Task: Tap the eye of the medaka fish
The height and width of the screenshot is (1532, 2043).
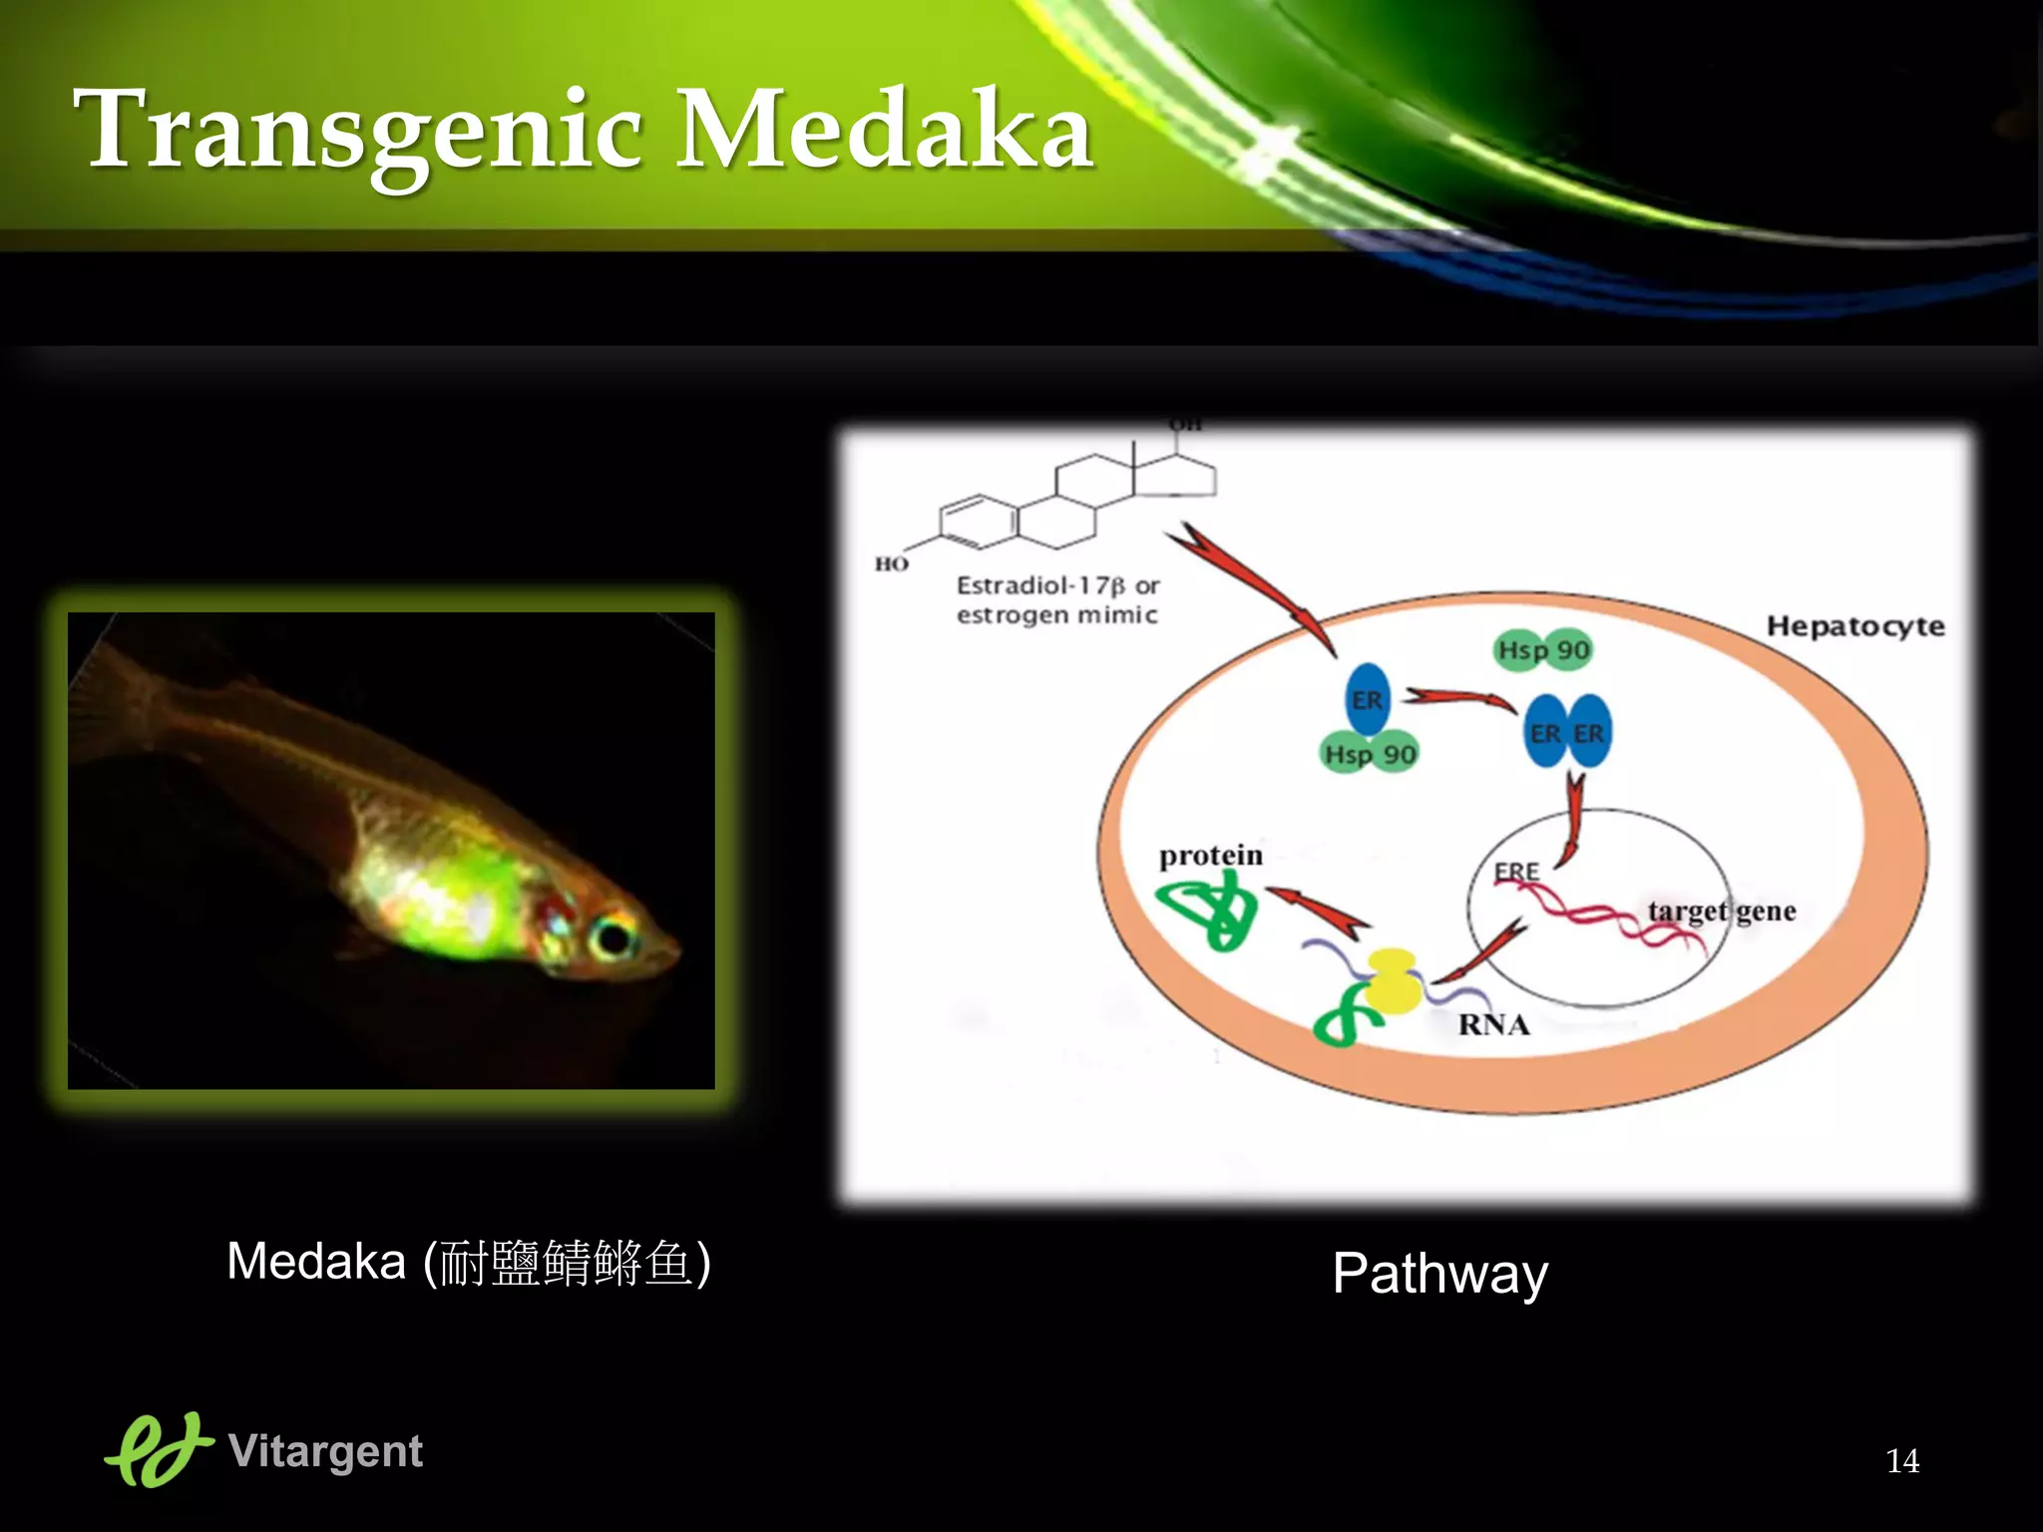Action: point(611,937)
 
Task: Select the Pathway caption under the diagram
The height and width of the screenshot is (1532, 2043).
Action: point(1439,1274)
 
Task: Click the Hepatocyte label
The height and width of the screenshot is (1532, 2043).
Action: point(1855,626)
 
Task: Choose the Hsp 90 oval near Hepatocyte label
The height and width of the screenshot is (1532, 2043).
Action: point(1543,650)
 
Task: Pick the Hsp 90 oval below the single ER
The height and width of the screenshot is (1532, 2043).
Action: point(1370,755)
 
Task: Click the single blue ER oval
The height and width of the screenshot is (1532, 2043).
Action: point(1368,699)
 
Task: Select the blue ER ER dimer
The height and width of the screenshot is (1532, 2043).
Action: point(1567,733)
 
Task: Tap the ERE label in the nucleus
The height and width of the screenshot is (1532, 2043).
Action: point(1516,871)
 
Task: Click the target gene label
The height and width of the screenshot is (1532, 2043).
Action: point(1722,911)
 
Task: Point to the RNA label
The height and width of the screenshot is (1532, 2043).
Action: point(1493,1024)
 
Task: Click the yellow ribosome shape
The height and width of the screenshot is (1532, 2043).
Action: point(1393,981)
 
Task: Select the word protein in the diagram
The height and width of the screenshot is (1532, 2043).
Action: point(1210,856)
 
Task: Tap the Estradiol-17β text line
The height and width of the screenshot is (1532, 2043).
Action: point(1057,585)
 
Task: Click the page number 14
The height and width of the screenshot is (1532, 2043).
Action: point(1902,1461)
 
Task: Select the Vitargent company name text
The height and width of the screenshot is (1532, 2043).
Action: point(325,1451)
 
